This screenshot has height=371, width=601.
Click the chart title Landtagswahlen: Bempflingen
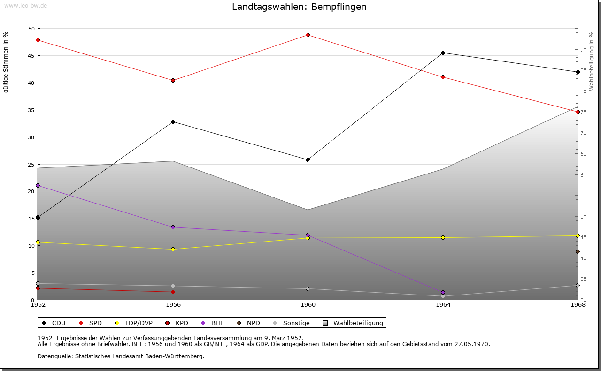299,7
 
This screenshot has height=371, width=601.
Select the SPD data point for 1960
308,35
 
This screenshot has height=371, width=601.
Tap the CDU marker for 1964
443,53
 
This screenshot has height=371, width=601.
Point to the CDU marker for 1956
173,121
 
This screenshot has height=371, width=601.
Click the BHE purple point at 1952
38,185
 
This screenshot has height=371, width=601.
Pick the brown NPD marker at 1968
578,251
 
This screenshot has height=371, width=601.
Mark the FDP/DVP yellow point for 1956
173,249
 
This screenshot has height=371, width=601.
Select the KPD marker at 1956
173,292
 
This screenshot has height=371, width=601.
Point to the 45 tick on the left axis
31,56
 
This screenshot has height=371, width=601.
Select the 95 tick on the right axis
583,29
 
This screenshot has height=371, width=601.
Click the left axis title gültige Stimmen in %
6,62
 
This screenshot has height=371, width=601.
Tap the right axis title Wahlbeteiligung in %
592,61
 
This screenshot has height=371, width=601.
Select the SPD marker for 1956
173,80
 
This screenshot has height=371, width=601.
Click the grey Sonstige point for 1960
308,288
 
